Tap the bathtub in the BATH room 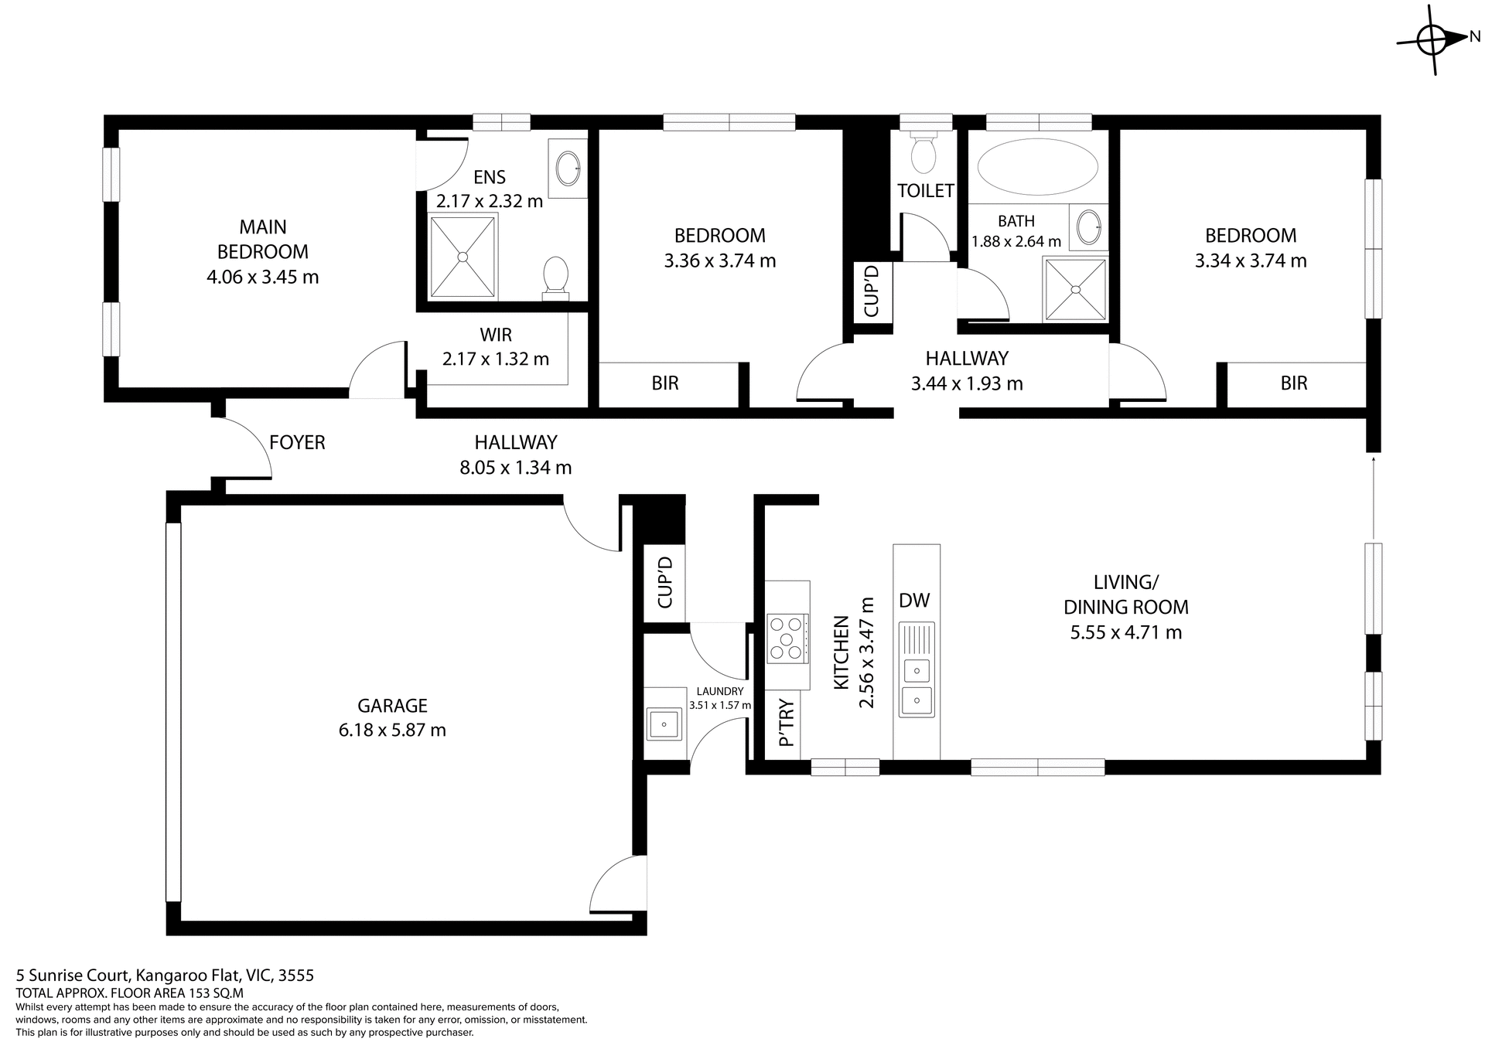tap(1037, 168)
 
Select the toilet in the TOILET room tap(923, 155)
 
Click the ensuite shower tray tap(463, 257)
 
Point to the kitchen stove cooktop tap(787, 639)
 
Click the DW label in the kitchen tap(914, 601)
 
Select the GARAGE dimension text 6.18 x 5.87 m tap(392, 730)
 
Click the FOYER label tap(297, 442)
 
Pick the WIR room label tap(495, 335)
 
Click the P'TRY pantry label tap(787, 724)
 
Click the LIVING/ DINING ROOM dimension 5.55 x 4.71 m tap(1125, 632)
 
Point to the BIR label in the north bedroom tap(1293, 383)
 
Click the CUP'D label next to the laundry tap(664, 583)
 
